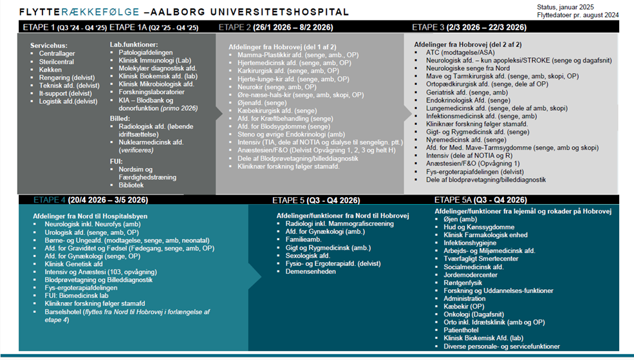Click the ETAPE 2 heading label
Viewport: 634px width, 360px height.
234,27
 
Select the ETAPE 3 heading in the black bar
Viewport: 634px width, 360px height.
428,27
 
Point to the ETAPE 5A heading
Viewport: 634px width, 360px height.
452,199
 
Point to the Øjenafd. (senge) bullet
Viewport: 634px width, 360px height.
262,103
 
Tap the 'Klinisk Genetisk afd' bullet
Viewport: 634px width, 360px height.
73,264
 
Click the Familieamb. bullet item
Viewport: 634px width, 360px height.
304,240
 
